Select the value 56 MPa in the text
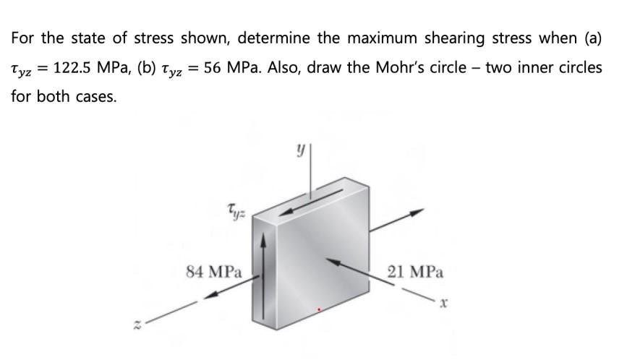click(x=227, y=67)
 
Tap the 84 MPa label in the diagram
click(x=213, y=273)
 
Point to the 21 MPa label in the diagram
click(x=416, y=273)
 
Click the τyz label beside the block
click(x=235, y=210)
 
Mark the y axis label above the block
click(x=297, y=153)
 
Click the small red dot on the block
click(x=319, y=309)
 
